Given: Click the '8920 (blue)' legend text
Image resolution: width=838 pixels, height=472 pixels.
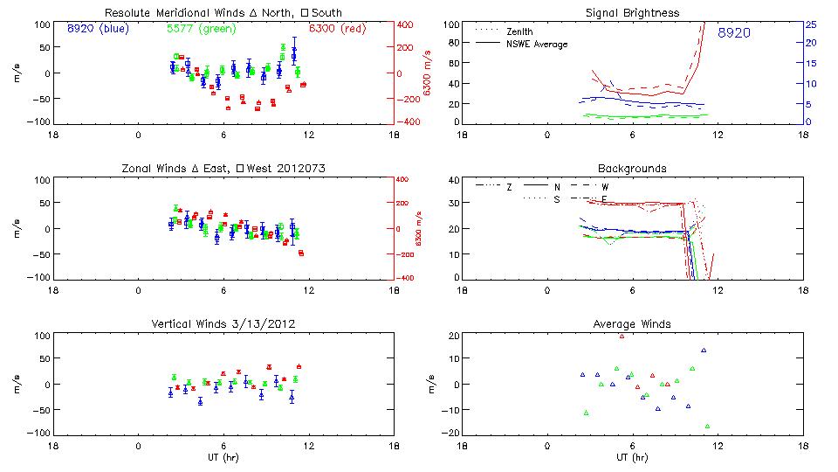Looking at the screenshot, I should point(98,28).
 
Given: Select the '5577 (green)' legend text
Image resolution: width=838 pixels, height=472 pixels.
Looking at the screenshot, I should point(202,28).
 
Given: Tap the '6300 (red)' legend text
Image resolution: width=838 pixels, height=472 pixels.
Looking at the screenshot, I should point(338,28).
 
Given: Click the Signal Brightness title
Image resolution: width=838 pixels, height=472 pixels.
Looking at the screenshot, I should point(633,13).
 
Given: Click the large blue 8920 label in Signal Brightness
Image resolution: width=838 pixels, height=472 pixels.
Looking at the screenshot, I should point(734,33).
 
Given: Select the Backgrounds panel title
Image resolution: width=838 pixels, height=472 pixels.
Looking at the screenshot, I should point(632,168).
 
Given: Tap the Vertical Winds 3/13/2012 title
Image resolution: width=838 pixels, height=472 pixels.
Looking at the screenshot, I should point(223,324).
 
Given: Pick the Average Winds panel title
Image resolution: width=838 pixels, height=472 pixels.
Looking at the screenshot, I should point(632,324).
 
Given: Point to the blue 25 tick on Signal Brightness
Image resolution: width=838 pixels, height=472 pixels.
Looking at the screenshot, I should point(810,24).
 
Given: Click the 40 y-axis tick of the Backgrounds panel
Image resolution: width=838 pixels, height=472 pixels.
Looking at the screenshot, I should point(453,180).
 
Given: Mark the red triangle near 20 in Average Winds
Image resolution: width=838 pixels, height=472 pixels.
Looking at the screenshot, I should point(622,336).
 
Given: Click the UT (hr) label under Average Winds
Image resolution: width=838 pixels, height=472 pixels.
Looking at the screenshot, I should point(632,458).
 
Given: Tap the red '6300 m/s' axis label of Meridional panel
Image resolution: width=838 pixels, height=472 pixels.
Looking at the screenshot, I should point(428,73).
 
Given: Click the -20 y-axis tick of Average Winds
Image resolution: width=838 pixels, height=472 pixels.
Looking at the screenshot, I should point(451,433).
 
